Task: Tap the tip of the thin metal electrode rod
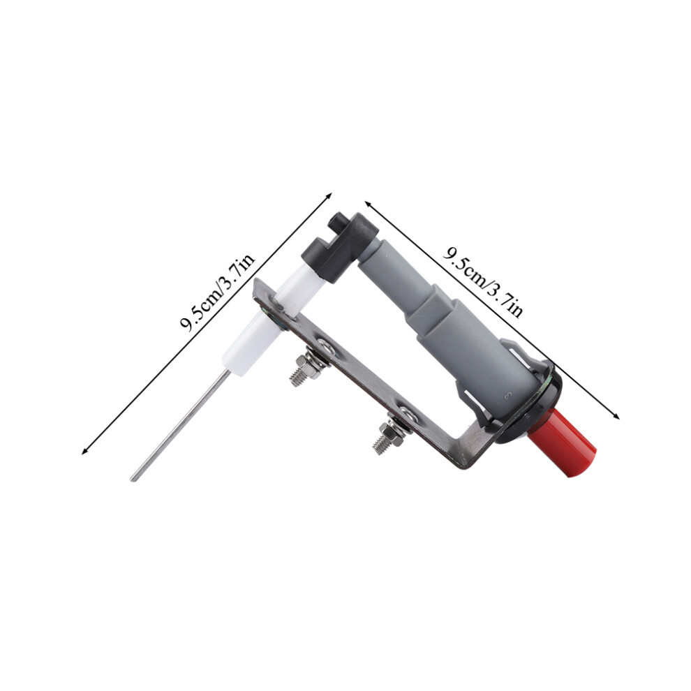point(132,479)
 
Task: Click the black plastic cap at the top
point(339,249)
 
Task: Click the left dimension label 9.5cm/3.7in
point(218,293)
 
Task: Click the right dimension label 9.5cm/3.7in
point(483,282)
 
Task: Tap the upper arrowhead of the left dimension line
point(328,195)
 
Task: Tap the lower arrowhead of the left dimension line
point(84,450)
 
